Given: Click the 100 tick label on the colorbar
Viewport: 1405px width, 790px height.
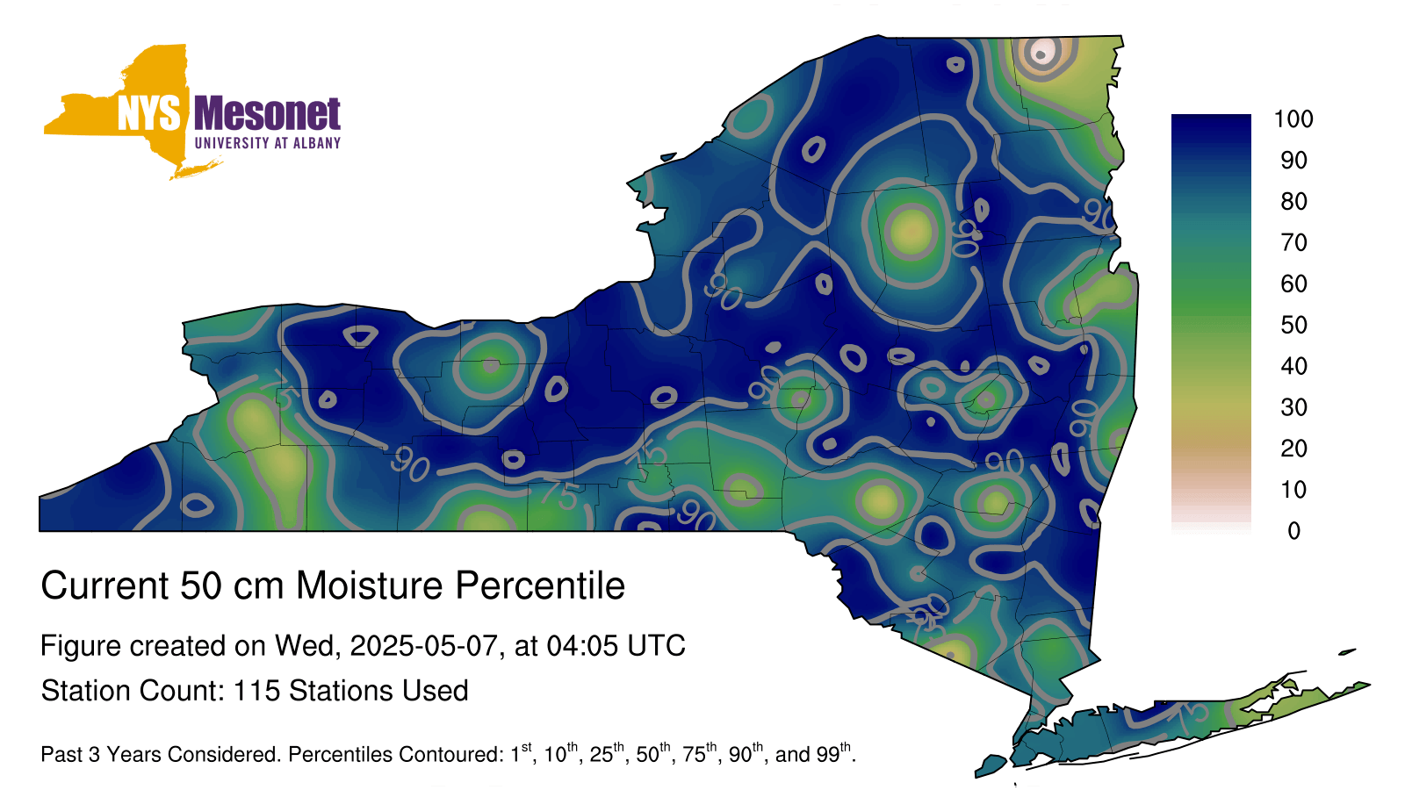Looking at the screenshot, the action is coord(1293,119).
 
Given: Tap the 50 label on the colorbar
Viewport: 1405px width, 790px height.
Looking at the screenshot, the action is coord(1294,325).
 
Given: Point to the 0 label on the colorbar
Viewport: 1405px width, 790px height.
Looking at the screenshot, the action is coord(1294,531).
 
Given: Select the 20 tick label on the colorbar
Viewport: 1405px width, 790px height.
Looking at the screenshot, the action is coord(1294,449).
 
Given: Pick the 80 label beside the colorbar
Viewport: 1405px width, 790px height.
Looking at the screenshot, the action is coord(1294,201).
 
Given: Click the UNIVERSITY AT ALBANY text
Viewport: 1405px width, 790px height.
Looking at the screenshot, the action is coord(268,143).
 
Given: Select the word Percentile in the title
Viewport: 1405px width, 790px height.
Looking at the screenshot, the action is coord(540,585).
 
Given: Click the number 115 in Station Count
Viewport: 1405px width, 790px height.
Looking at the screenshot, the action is coord(256,691).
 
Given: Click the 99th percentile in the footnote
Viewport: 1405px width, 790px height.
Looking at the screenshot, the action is coord(833,753).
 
